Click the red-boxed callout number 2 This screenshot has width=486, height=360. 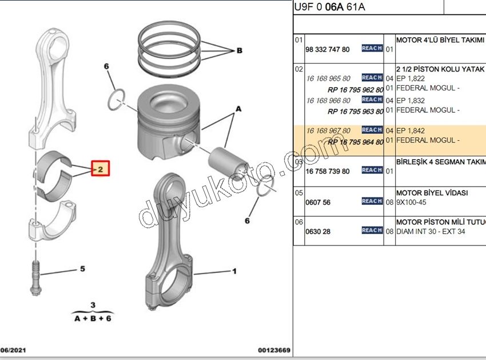pyautogui.click(x=99, y=169)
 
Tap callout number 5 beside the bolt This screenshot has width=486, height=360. pyautogui.click(x=82, y=268)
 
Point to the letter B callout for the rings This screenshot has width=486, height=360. pyautogui.click(x=240, y=50)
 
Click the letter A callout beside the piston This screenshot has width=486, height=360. pyautogui.click(x=238, y=108)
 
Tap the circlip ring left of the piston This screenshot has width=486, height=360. pyautogui.click(x=117, y=98)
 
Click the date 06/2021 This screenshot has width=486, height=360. pyautogui.click(x=13, y=350)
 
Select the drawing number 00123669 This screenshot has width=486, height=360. pyautogui.click(x=274, y=350)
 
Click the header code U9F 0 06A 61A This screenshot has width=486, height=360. pyautogui.click(x=329, y=7)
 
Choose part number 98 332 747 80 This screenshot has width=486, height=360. pyautogui.click(x=328, y=50)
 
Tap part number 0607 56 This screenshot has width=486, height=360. pyautogui.click(x=318, y=203)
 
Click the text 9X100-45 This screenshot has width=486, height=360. pyautogui.click(x=411, y=203)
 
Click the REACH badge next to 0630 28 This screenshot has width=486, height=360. pyautogui.click(x=372, y=230)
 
